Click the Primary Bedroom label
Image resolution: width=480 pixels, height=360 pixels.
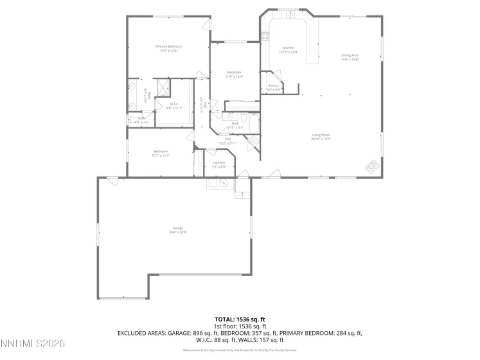click(168, 47)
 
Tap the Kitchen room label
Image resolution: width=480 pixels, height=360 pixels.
click(289, 49)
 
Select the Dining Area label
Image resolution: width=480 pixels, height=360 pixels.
click(350, 56)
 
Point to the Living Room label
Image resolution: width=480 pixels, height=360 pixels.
click(320, 135)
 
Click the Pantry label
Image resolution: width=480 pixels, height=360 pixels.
click(274, 85)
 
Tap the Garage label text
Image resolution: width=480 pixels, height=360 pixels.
click(177, 230)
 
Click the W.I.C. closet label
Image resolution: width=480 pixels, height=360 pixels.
click(174, 105)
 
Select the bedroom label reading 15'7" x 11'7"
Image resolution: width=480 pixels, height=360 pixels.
click(160, 153)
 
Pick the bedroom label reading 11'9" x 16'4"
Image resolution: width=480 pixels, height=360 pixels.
click(233, 74)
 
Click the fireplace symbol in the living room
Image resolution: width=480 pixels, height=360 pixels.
click(372, 166)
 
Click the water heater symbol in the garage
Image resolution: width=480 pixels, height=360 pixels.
click(222, 183)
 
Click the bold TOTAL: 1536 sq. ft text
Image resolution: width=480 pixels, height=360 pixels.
click(240, 319)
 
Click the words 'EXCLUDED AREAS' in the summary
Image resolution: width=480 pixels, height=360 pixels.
click(138, 333)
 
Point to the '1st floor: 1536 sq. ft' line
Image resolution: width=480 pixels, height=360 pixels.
click(240, 326)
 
